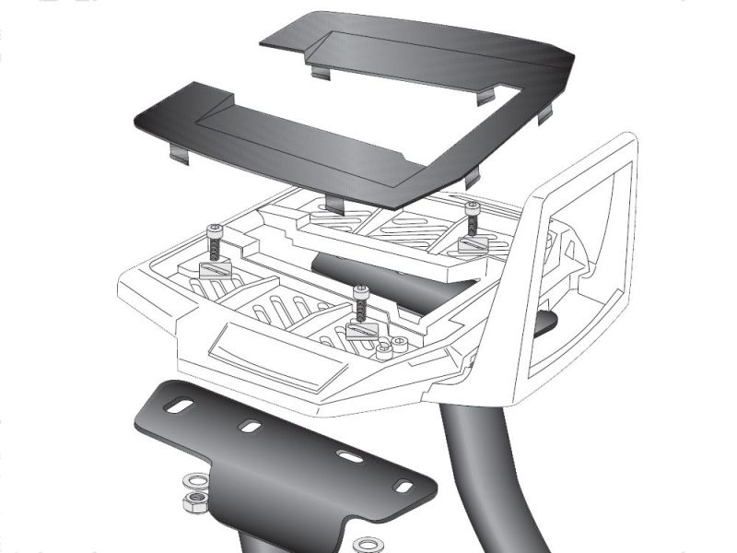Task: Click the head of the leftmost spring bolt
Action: coord(216,229)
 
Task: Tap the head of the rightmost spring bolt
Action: coord(473,206)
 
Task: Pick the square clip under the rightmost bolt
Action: coord(473,245)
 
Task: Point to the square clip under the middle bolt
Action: coord(361,331)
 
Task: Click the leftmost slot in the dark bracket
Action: coord(183,406)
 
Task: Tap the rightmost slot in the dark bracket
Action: coord(403,485)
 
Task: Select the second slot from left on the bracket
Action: coord(249,427)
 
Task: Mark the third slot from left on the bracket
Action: coord(348,456)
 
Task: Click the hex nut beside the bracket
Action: coord(194,502)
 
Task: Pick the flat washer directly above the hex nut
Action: coord(194,481)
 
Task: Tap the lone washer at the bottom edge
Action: coord(368,544)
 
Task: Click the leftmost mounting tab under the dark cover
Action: coord(179,154)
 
